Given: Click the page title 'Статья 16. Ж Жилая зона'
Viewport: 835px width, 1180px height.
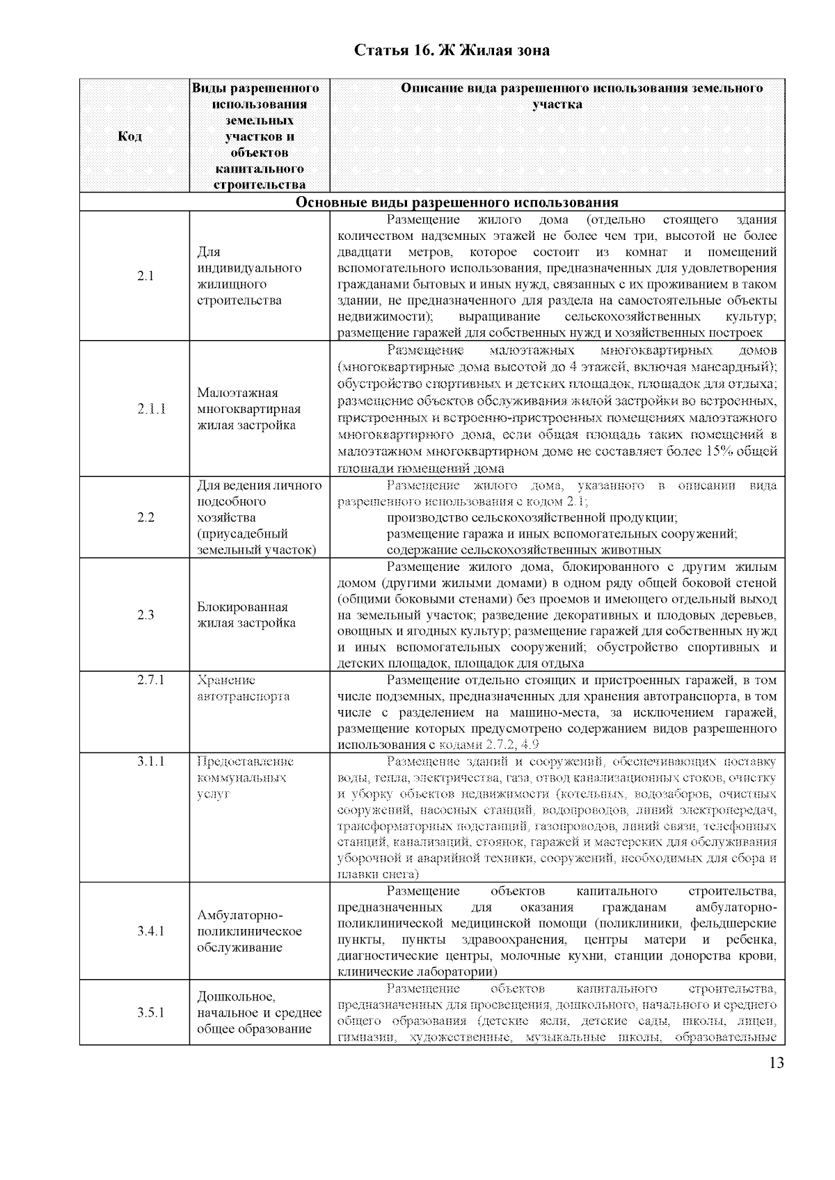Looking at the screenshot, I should (x=452, y=51).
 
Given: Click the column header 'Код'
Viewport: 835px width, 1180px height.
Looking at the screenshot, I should (x=130, y=136).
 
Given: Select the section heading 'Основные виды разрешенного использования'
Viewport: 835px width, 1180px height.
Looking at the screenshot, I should (x=457, y=202).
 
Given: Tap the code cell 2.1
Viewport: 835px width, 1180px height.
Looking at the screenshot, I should (x=145, y=276).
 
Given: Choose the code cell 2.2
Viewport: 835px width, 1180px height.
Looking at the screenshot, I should (x=145, y=517).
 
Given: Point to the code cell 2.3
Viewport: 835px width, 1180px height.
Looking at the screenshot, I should (x=145, y=615).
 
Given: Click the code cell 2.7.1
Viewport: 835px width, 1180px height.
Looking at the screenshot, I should (x=151, y=680).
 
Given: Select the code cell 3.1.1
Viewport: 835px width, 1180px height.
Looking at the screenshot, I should (x=151, y=761).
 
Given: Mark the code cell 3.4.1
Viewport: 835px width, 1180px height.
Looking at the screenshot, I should (x=151, y=931).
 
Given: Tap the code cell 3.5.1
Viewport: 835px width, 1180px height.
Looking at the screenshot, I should (x=151, y=1012).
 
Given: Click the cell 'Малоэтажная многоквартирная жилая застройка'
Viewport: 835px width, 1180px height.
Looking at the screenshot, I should (x=248, y=409).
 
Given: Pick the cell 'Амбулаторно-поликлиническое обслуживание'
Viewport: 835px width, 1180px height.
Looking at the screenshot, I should (x=249, y=931).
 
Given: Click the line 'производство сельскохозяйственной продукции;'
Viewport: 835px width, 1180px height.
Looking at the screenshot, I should (x=532, y=518).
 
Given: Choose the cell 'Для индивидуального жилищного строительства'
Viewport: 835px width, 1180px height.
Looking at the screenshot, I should (x=248, y=276).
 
